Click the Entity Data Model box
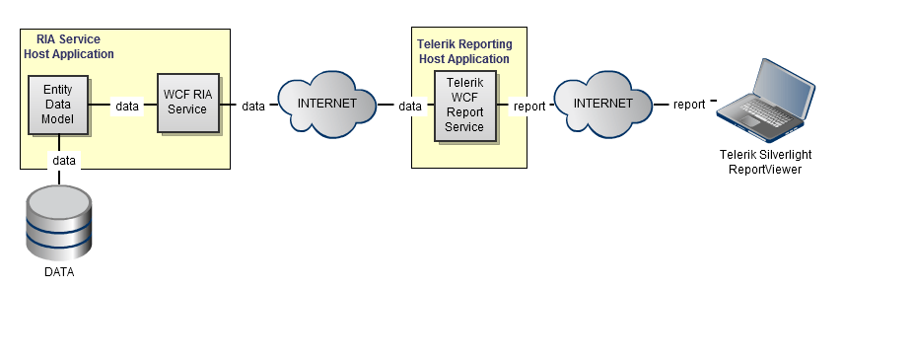[x=58, y=105]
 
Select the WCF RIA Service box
[x=188, y=103]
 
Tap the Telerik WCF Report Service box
[x=465, y=106]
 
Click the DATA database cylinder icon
[x=59, y=222]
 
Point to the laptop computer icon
[x=765, y=100]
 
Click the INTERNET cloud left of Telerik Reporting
[x=327, y=105]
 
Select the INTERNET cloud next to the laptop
[x=602, y=105]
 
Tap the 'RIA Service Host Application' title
[x=69, y=46]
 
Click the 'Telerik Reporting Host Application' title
[x=464, y=51]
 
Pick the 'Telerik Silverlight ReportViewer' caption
[x=765, y=162]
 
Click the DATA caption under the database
[x=59, y=272]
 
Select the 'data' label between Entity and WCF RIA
[x=127, y=107]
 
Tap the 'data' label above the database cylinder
[x=64, y=160]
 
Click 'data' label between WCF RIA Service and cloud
[x=253, y=107]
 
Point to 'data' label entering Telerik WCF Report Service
[x=410, y=107]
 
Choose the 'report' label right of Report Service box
[x=529, y=107]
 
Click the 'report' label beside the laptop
[x=689, y=105]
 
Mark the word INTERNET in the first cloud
[x=327, y=104]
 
